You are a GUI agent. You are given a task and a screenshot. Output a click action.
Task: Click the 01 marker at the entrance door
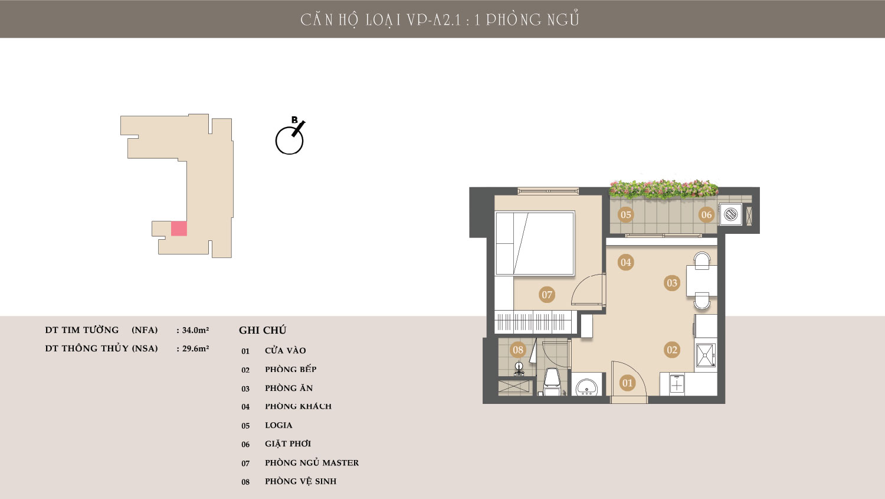pyautogui.click(x=627, y=383)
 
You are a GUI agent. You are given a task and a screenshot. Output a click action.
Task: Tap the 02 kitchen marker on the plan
pyautogui.click(x=672, y=350)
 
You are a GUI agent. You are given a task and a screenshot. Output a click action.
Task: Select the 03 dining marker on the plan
pyautogui.click(x=672, y=283)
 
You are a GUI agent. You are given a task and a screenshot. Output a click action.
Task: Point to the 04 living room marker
pyautogui.click(x=626, y=262)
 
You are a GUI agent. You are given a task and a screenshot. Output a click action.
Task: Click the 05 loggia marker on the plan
pyautogui.click(x=626, y=215)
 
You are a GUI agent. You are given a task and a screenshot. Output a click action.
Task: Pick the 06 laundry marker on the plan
pyautogui.click(x=706, y=215)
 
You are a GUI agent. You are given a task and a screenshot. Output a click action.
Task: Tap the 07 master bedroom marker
pyautogui.click(x=547, y=295)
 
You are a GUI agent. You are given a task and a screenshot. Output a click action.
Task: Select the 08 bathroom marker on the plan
pyautogui.click(x=518, y=350)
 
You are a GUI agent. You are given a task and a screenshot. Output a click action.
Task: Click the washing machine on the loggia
pyautogui.click(x=731, y=214)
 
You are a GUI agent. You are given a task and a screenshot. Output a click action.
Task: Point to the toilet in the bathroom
pyautogui.click(x=552, y=382)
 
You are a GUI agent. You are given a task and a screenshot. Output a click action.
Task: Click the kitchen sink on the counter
pyautogui.click(x=706, y=356)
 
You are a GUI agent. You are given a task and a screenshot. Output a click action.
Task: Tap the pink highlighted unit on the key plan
pyautogui.click(x=179, y=229)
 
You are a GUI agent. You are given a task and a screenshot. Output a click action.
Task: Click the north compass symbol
pyautogui.click(x=290, y=136)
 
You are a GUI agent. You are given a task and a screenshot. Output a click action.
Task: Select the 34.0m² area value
pyautogui.click(x=195, y=330)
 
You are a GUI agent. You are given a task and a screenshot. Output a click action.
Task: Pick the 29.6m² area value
pyautogui.click(x=195, y=349)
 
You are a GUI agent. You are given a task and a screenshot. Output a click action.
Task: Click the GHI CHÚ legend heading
pyautogui.click(x=263, y=330)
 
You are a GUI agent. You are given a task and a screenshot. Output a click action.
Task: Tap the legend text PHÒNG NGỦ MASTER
pyautogui.click(x=312, y=462)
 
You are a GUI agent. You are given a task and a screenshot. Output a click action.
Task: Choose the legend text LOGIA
pyautogui.click(x=278, y=425)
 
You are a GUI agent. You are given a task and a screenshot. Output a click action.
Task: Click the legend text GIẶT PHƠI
pyautogui.click(x=288, y=443)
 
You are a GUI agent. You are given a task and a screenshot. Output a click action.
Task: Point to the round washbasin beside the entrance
pyautogui.click(x=586, y=386)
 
